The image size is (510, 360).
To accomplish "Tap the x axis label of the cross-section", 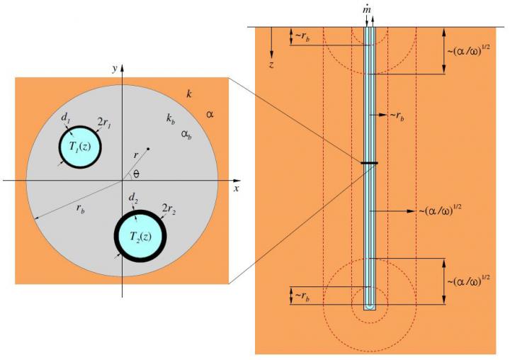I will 236,189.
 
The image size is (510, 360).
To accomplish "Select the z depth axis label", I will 271,64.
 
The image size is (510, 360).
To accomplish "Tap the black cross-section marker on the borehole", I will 368,164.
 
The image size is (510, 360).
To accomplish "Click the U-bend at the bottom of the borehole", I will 368,306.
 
